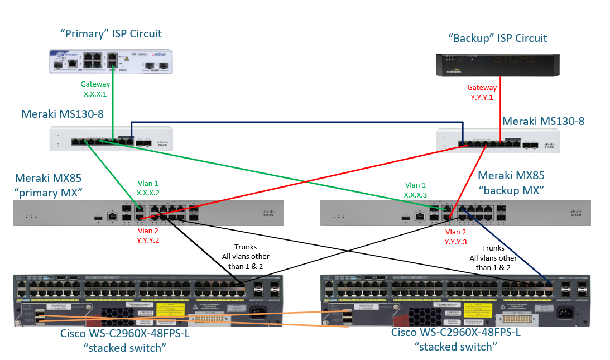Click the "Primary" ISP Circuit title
click(111, 33)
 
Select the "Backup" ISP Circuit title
click(498, 38)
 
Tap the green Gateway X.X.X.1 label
click(95, 89)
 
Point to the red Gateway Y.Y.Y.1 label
click(482, 92)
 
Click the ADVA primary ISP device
click(110, 62)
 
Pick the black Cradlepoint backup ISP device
click(497, 65)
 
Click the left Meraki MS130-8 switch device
click(111, 138)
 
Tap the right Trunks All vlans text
click(492, 258)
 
